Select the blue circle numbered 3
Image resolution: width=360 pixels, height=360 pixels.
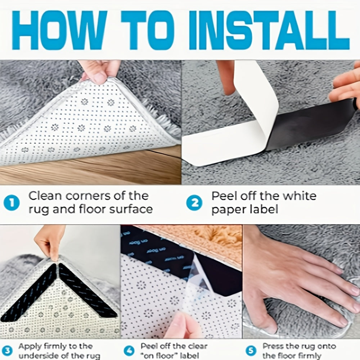tap(7, 350)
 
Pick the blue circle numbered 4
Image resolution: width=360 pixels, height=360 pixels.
tap(129, 350)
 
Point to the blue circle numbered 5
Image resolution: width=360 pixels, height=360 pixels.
tap(251, 350)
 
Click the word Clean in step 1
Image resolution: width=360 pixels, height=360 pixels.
tap(44, 196)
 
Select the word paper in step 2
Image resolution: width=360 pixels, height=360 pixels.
tap(228, 210)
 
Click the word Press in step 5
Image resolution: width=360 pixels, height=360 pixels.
tap(274, 346)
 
